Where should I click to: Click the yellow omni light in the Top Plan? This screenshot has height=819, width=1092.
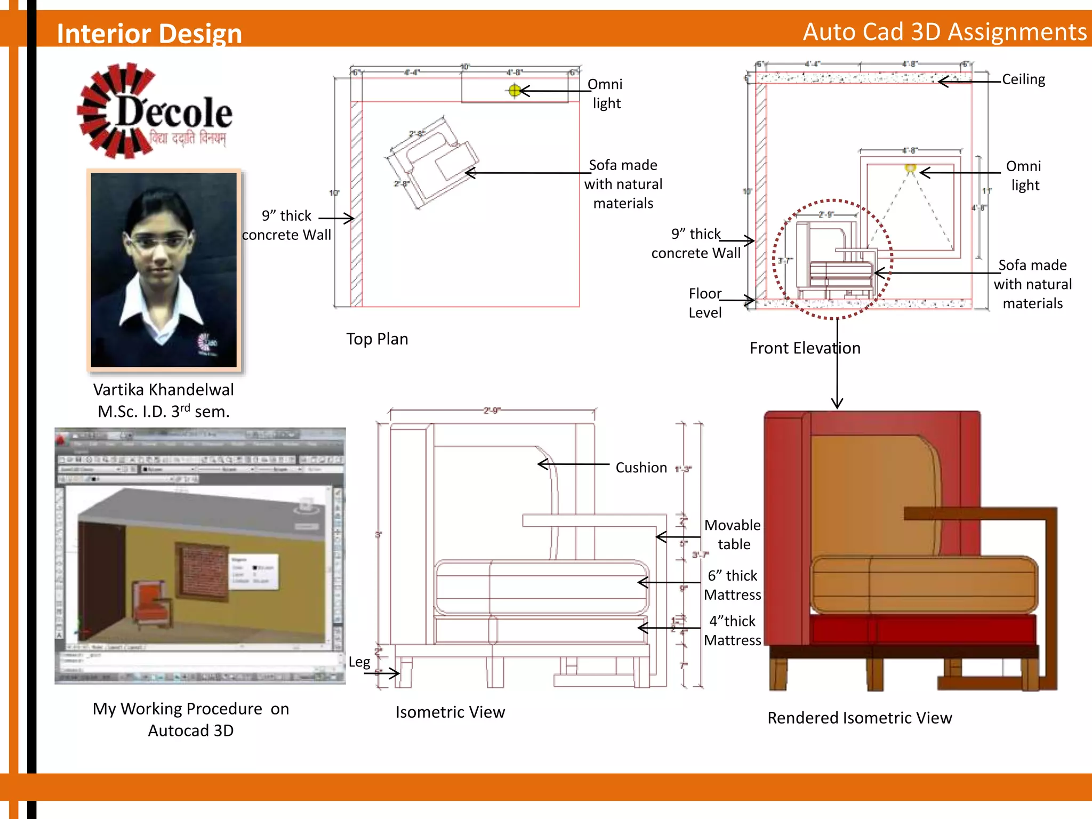pyautogui.click(x=515, y=91)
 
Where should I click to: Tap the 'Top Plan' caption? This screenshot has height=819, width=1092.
pyautogui.click(x=377, y=339)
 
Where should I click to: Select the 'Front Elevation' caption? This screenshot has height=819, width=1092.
pyautogui.click(x=805, y=348)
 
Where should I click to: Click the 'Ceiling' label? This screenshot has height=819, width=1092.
pyautogui.click(x=1023, y=79)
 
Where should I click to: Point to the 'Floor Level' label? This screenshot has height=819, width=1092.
pyautogui.click(x=704, y=303)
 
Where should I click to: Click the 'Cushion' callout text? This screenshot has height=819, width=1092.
pyautogui.click(x=641, y=468)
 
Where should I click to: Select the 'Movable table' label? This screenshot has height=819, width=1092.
pyautogui.click(x=733, y=534)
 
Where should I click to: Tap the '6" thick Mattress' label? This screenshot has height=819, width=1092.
pyautogui.click(x=733, y=585)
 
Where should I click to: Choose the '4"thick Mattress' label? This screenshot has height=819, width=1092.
pyautogui.click(x=733, y=630)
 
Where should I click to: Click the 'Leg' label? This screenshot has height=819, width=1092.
pyautogui.click(x=359, y=662)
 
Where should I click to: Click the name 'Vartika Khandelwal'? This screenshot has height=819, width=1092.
pyautogui.click(x=163, y=390)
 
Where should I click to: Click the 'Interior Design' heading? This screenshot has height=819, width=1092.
pyautogui.click(x=149, y=33)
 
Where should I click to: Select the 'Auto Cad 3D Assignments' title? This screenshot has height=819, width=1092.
pyautogui.click(x=944, y=32)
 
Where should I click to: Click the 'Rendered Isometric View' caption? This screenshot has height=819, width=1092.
pyautogui.click(x=860, y=718)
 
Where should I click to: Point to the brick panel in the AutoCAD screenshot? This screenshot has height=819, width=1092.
pyautogui.click(x=203, y=572)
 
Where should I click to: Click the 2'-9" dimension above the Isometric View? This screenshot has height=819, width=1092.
pyautogui.click(x=492, y=411)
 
